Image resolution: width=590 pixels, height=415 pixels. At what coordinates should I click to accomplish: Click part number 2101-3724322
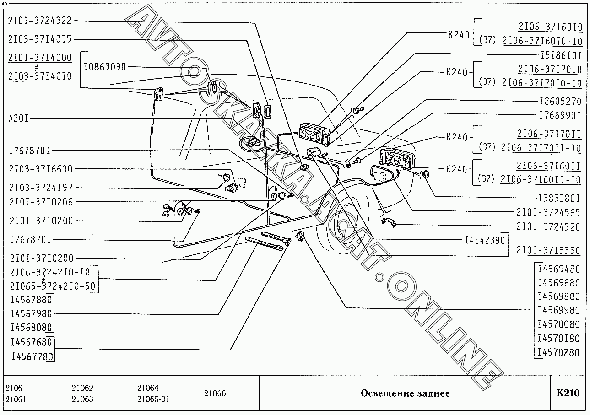click(40, 21)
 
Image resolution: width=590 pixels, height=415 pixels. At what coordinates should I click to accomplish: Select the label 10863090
click(105, 67)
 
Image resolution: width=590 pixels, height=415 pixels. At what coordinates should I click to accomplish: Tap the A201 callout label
click(19, 119)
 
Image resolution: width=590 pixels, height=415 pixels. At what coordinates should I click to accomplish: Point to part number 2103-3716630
click(40, 169)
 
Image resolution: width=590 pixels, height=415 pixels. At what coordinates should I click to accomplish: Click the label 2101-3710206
click(41, 202)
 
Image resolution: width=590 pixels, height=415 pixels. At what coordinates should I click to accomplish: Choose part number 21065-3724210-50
click(53, 286)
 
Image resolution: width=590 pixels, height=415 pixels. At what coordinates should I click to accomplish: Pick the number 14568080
click(32, 328)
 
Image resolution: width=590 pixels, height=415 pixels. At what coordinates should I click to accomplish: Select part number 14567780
click(32, 356)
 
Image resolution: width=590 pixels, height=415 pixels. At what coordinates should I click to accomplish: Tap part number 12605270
click(559, 102)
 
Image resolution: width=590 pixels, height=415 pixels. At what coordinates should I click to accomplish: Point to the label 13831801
click(558, 198)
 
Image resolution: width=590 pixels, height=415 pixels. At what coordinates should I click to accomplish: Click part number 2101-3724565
click(548, 213)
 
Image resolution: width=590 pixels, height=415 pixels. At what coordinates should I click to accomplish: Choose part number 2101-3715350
click(548, 251)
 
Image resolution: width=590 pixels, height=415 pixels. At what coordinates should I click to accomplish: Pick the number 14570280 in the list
click(558, 353)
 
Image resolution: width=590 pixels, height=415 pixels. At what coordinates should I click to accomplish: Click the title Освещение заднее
click(405, 393)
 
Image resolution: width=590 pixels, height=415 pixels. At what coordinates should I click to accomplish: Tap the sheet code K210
click(568, 393)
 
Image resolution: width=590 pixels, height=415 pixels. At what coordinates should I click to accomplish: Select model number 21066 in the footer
click(215, 393)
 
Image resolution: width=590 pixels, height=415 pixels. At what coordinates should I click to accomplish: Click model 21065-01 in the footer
click(153, 399)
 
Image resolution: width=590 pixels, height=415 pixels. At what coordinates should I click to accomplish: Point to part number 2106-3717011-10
click(541, 148)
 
